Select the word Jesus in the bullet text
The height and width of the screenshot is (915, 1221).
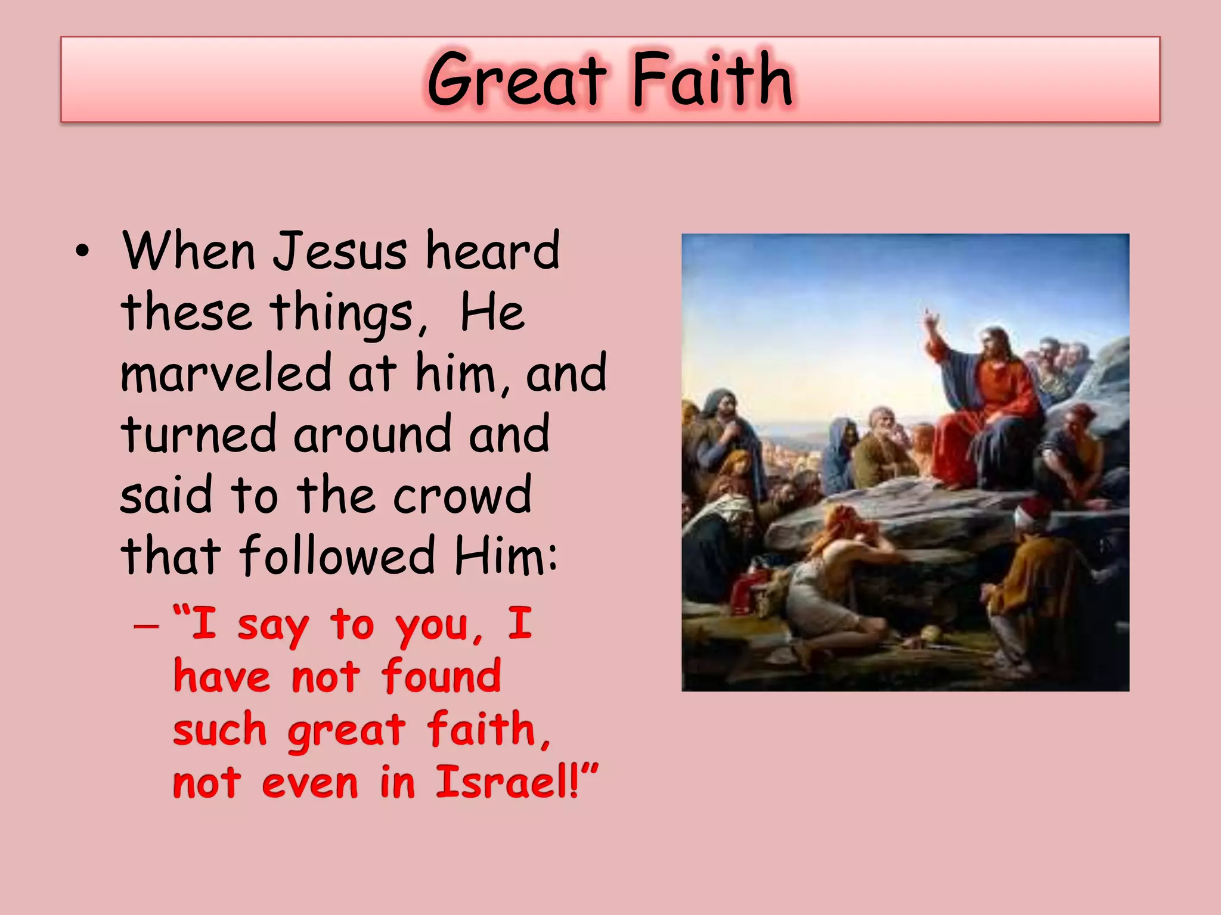click(x=340, y=251)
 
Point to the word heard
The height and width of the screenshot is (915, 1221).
click(x=492, y=251)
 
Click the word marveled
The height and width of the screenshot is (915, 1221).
click(x=225, y=373)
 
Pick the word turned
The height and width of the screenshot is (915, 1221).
click(x=199, y=434)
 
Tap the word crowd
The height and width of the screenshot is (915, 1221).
click(x=462, y=495)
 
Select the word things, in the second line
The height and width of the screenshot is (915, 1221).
click(x=349, y=313)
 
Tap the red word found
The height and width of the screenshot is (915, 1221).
click(x=441, y=677)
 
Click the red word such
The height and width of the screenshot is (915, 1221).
click(x=219, y=730)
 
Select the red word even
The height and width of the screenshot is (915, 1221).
click(x=310, y=783)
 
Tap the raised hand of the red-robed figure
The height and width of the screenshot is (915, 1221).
click(x=929, y=322)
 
